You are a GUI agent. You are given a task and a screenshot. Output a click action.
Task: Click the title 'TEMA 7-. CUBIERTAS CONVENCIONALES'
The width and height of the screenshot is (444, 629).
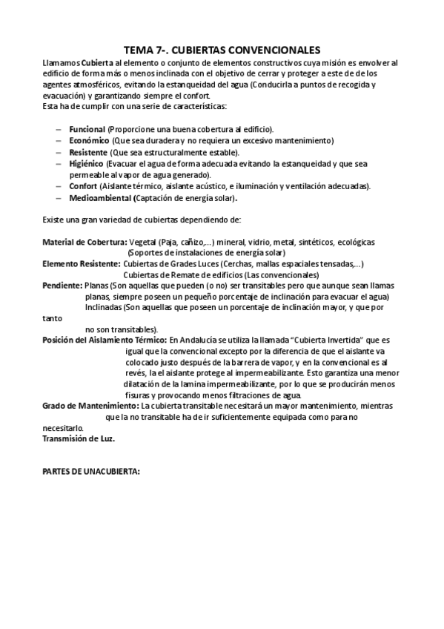pos(222,50)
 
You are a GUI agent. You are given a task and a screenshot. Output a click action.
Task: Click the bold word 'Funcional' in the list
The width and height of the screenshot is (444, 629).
pos(87,129)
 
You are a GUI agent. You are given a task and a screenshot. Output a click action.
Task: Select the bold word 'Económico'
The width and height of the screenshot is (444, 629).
pos(90,140)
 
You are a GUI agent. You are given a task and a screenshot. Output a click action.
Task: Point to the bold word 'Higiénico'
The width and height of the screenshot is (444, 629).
pos(87,163)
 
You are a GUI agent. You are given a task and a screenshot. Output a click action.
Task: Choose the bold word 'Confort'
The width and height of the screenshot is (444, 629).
pos(83,186)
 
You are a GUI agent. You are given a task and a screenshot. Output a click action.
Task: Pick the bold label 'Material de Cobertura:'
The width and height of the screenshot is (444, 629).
pos(85,242)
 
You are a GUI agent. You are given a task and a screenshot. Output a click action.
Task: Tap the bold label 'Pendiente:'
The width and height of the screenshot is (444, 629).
pos(62,286)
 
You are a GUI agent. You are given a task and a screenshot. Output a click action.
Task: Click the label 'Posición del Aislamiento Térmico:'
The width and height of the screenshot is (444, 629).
pos(105,340)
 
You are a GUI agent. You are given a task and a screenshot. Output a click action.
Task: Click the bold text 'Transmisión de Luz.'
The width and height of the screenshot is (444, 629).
pos(79,438)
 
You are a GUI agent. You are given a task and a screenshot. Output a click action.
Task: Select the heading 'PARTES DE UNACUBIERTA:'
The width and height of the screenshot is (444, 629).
pos(91,472)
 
